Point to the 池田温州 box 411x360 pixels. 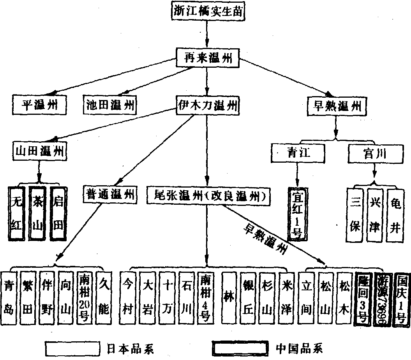[x=110, y=105]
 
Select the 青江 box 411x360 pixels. [x=298, y=153]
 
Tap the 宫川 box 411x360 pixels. [x=373, y=153]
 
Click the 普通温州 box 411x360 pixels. [x=109, y=194]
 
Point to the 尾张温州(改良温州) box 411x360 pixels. [x=208, y=195]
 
